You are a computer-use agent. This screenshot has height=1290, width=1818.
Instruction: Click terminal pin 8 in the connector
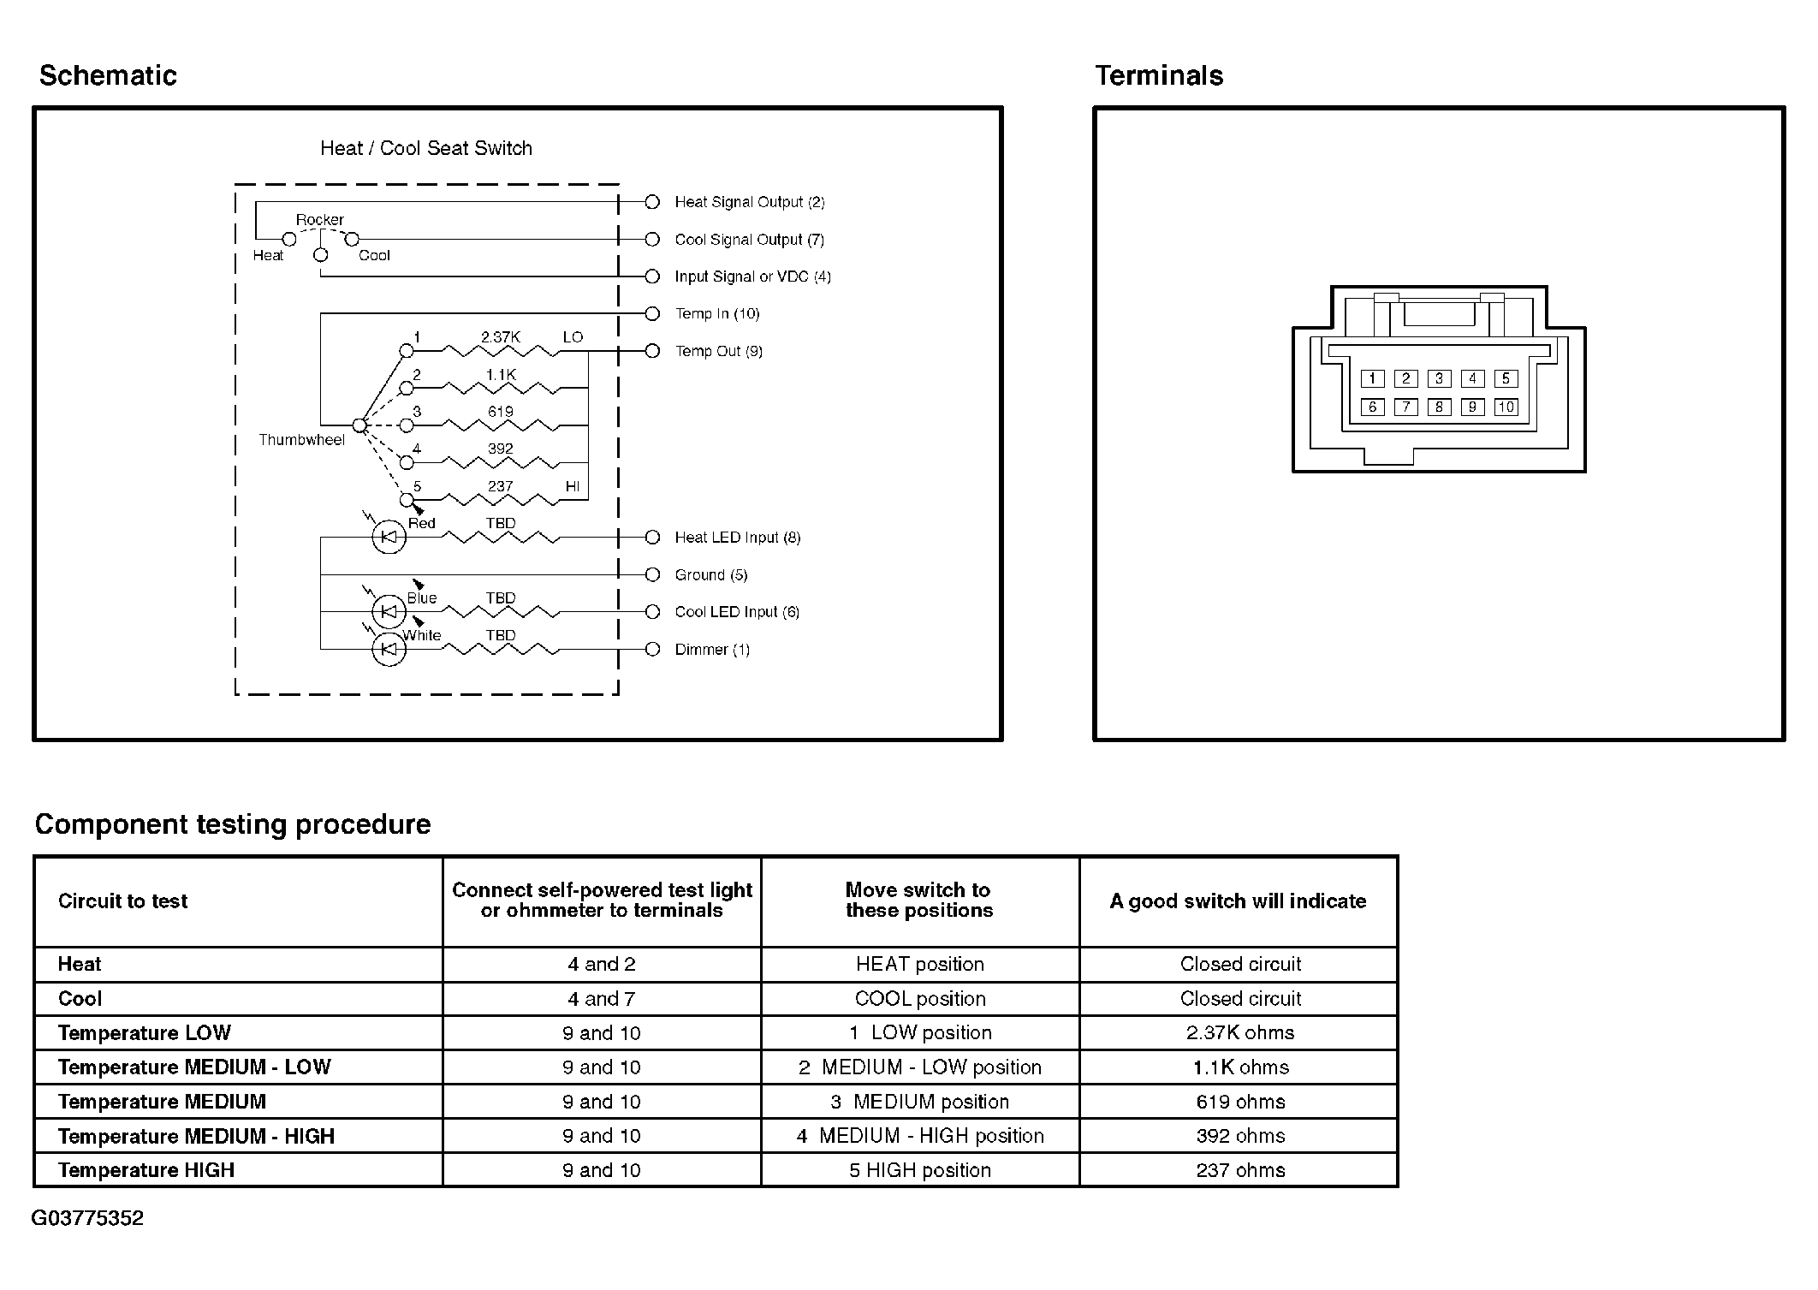coord(1439,407)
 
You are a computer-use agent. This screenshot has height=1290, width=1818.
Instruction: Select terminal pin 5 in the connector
coord(1506,378)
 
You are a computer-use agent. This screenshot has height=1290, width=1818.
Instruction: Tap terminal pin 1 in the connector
coord(1372,378)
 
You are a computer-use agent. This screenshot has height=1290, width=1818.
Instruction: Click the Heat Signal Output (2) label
coord(749,202)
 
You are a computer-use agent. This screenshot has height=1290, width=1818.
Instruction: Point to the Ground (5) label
coord(710,574)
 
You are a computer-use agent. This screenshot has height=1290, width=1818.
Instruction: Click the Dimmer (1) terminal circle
coord(652,649)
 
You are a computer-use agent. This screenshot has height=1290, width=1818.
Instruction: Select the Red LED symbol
coord(389,538)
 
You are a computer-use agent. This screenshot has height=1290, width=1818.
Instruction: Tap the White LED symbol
coord(389,650)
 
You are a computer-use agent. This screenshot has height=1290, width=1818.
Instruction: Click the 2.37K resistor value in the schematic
coord(500,337)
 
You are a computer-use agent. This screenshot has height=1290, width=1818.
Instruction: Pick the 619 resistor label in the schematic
coord(500,412)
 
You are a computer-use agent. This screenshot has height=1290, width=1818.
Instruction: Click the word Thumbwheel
coord(301,440)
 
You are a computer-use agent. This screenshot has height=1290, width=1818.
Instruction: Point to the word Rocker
coord(319,220)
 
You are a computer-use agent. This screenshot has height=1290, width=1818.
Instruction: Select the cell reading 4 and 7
coord(601,999)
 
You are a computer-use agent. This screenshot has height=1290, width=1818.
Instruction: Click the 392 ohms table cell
coord(1239,1136)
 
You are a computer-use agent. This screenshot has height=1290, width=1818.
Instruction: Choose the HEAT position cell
coord(919,964)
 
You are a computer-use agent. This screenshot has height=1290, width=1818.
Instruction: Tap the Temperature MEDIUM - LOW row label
coord(194,1067)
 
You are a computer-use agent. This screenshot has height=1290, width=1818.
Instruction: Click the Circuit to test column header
coord(122,901)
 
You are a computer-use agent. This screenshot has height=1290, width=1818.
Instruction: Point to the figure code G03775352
coord(87,1218)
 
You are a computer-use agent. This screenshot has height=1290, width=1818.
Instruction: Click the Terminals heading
coord(1159,75)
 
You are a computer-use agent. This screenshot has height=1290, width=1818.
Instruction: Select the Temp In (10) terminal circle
coord(652,313)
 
